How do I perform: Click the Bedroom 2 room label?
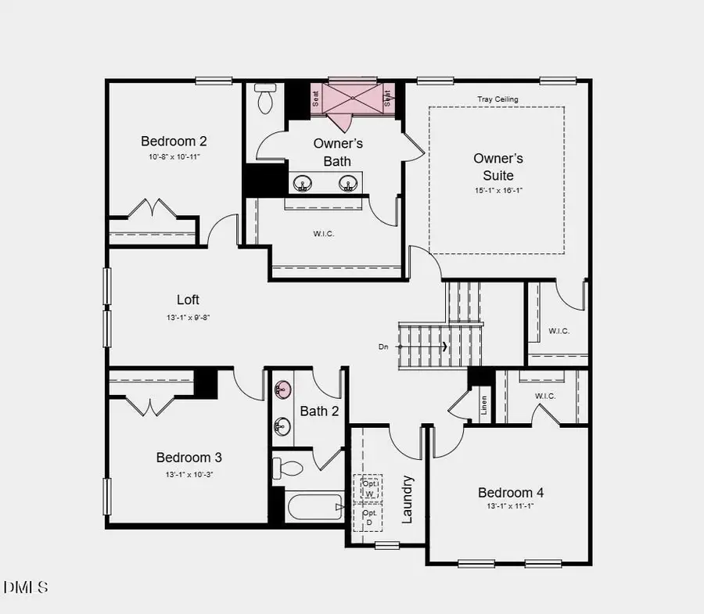coord(174,142)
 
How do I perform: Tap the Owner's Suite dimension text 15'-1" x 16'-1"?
coord(497,191)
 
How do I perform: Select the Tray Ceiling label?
coord(497,99)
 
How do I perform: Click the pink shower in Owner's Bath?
coord(352,98)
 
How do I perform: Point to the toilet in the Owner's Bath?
coord(265,99)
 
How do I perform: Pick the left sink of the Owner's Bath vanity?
coord(303,184)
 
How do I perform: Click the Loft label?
coord(188,300)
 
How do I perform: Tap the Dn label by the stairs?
coord(383,346)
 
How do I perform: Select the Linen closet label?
coord(484,405)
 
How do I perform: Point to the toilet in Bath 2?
coord(287,469)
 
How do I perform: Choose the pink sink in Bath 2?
coord(282,389)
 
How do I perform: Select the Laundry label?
coord(408,499)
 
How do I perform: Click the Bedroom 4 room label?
coord(511,493)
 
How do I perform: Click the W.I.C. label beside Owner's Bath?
coord(323,235)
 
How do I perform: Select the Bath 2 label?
coord(319,411)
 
